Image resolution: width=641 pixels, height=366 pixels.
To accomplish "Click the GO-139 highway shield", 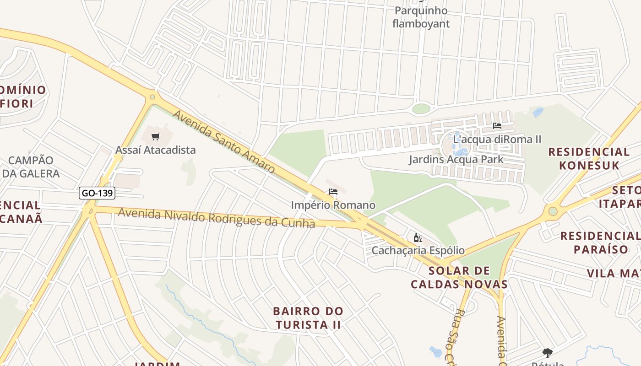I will (x=97, y=193).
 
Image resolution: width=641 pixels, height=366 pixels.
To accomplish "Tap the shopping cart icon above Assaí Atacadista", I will (x=156, y=136).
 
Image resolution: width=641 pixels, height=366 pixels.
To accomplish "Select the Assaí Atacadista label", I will (x=155, y=150).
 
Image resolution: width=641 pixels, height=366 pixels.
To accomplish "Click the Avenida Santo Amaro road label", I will (x=223, y=142).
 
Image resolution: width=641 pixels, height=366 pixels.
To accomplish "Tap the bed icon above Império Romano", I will (x=333, y=192).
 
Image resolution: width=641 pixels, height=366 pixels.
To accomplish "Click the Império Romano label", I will (x=333, y=205).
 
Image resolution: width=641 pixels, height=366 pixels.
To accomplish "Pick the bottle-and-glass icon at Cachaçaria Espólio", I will (x=418, y=237).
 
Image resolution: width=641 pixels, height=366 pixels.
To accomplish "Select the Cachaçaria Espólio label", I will (x=418, y=250).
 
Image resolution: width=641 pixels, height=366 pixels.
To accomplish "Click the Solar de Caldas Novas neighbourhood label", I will (x=459, y=277).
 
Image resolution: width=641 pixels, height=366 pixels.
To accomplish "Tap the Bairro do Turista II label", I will (x=308, y=318).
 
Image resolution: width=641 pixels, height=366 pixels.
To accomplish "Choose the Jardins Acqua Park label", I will (x=456, y=159).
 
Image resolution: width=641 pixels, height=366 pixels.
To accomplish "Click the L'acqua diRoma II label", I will (x=497, y=139).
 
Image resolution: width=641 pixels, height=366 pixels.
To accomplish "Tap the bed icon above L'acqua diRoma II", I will (x=497, y=126).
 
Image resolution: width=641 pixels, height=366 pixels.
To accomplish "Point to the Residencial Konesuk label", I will (x=589, y=158).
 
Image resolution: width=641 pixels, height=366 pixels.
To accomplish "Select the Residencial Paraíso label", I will (x=601, y=242).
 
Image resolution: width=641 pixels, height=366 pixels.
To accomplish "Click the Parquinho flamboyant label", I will (x=421, y=17).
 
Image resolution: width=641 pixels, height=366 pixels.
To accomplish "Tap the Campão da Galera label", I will (x=31, y=167).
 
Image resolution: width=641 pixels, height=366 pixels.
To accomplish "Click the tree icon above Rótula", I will (x=547, y=353).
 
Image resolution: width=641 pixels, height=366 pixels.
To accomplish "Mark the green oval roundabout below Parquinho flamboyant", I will (x=421, y=109).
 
